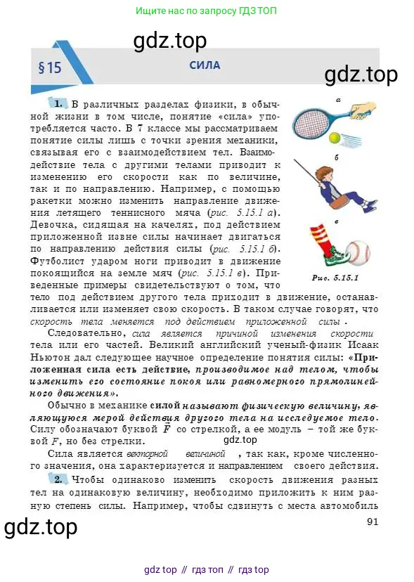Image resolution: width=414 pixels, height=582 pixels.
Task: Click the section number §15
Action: coord(50,68)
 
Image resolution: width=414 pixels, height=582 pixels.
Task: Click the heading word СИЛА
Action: coord(205,65)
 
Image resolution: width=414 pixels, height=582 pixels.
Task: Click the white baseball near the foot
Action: coord(358,252)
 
